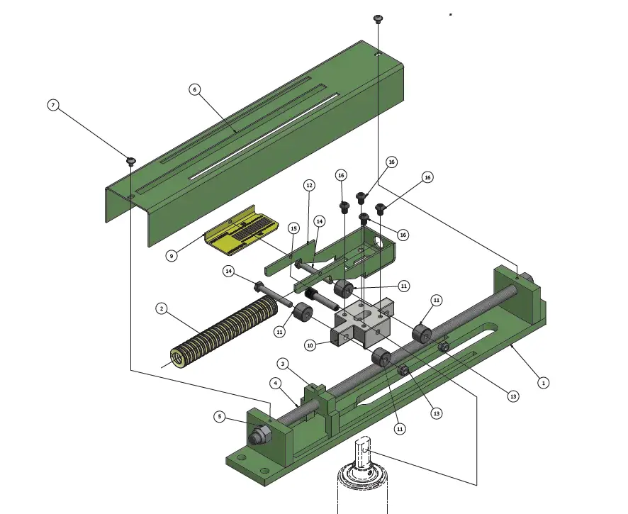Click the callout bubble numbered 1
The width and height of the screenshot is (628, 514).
click(x=544, y=382)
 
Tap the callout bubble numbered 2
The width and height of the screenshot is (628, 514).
click(x=162, y=308)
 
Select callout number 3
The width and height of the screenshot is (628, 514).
click(x=282, y=364)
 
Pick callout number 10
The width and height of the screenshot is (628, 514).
click(x=309, y=345)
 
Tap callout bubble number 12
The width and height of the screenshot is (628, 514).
click(x=309, y=185)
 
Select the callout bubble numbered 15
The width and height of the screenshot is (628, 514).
click(x=293, y=228)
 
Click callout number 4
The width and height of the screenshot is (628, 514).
click(x=275, y=383)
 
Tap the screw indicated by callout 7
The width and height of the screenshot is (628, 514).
click(x=131, y=161)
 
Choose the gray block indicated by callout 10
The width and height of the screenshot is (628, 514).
click(x=361, y=326)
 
